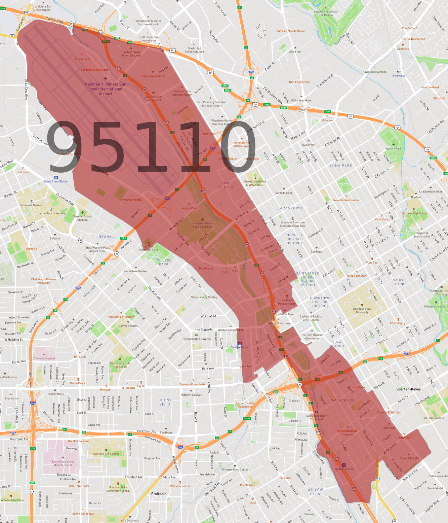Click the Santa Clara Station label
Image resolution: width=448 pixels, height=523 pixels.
coord(56,181)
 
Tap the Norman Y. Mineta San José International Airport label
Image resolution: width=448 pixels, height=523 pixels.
coord(106,89)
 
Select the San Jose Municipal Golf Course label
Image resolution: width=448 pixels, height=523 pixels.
coord(326,13)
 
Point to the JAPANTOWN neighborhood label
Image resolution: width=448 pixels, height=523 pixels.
coord(290,208)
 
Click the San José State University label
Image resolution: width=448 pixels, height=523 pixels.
coord(362,310)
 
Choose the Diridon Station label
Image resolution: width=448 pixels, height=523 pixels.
coord(240,347)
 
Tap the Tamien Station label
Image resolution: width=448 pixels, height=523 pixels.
coord(344,469)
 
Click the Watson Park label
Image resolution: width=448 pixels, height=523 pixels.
coord(394,148)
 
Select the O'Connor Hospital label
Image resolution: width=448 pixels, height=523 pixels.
coord(44,358)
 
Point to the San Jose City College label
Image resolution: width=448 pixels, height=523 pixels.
coord(106,454)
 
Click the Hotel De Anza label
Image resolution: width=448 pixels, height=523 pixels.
coord(285,314)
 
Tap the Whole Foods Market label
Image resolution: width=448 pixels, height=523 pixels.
coord(230,330)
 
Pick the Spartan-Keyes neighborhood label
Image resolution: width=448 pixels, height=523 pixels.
coord(408,389)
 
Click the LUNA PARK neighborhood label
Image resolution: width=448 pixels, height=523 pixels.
coord(341,166)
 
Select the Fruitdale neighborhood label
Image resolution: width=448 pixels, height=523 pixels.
coord(159,494)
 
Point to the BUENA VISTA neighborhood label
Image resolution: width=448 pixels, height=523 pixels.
coord(165,402)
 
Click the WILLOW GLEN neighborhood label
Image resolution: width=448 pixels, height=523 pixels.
coord(315,492)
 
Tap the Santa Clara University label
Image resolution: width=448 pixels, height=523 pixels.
coord(51,213)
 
